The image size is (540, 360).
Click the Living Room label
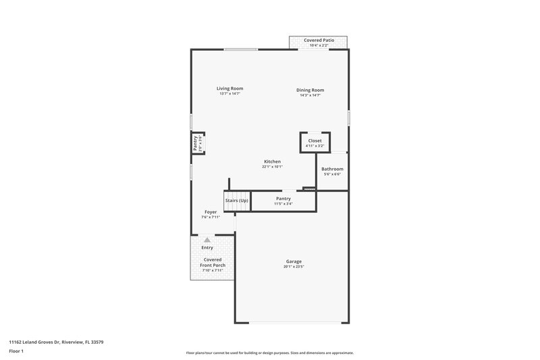(x=230, y=88)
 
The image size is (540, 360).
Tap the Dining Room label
(x=310, y=90)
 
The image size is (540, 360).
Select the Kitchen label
(x=272, y=161)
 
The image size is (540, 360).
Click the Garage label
(x=294, y=261)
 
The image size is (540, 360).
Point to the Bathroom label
(x=332, y=169)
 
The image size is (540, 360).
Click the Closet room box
(x=315, y=143)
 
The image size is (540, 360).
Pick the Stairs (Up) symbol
(x=237, y=201)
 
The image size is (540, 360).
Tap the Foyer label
(x=211, y=212)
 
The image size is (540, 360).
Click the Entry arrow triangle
(x=207, y=239)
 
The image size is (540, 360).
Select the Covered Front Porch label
(x=212, y=262)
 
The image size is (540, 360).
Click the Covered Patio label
(x=319, y=41)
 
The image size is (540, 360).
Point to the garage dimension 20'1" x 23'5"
(x=294, y=267)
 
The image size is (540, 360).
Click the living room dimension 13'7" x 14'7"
(x=230, y=94)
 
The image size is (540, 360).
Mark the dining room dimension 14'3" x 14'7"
(x=310, y=95)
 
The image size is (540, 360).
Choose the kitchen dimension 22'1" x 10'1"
(x=272, y=167)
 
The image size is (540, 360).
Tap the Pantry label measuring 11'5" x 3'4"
(x=283, y=201)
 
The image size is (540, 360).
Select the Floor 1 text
(x=17, y=351)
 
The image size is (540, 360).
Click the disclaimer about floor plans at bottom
(x=269, y=353)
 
